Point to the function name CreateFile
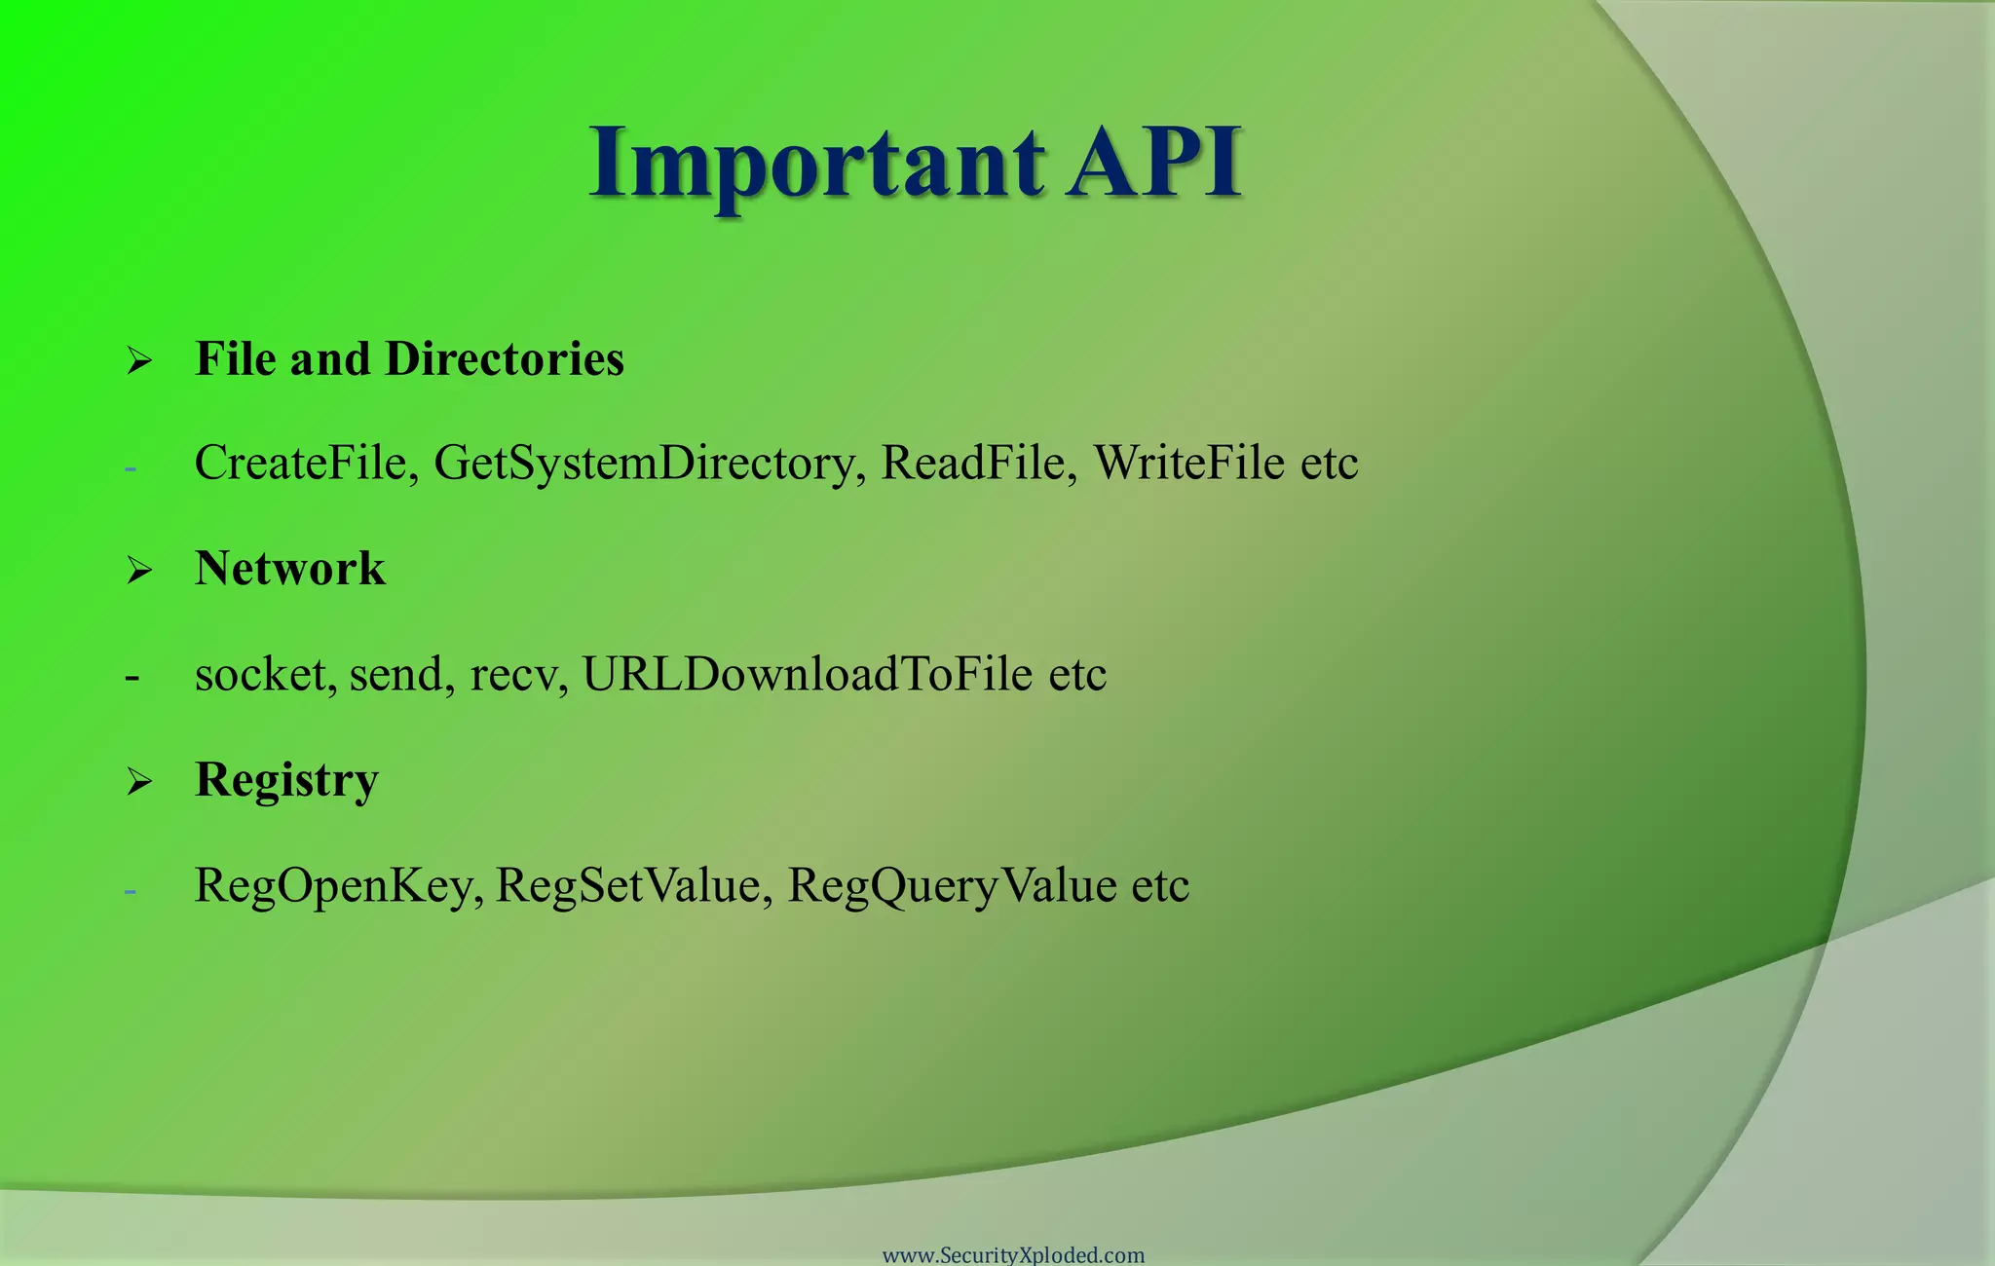[x=306, y=463]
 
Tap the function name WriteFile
[x=1188, y=463]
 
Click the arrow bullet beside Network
[x=139, y=571]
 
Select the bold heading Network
[x=290, y=568]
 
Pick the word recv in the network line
[x=516, y=675]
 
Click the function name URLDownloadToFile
[x=807, y=674]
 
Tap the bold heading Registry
[x=286, y=781]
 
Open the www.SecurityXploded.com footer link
[x=1013, y=1254]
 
